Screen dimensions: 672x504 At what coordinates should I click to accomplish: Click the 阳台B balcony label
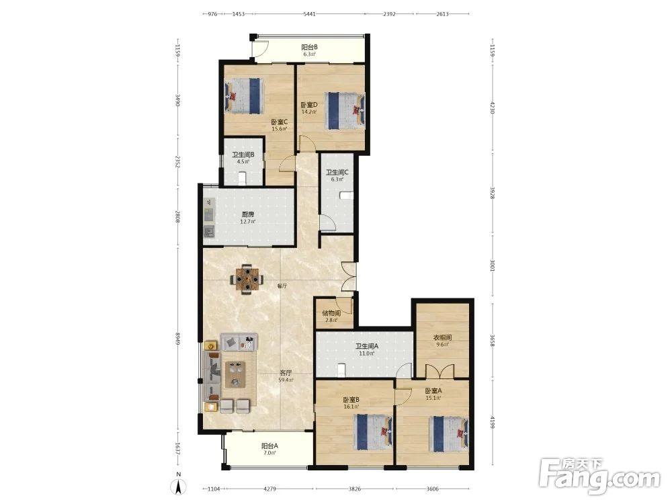309,50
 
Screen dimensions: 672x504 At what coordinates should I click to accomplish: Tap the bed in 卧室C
243,95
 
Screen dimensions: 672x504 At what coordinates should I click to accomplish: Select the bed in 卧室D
345,111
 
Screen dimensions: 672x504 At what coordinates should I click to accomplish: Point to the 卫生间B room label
243,158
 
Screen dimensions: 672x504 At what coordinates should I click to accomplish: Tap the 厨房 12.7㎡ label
248,218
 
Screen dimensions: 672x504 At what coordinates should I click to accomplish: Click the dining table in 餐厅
247,280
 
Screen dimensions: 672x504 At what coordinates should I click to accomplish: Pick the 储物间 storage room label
331,317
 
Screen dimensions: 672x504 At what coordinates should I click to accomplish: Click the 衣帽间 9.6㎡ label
443,341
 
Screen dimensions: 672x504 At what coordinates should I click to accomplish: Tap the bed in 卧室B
374,432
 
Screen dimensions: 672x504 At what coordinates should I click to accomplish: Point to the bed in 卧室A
449,433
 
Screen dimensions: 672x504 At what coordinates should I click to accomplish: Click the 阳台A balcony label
269,449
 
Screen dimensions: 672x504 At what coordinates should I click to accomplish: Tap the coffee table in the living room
235,374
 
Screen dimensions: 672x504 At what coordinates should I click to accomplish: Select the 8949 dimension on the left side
177,339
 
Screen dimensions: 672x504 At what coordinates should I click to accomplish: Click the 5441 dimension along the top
309,14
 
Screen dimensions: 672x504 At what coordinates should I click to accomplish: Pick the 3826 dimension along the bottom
354,489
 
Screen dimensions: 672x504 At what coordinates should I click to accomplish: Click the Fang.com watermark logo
599,475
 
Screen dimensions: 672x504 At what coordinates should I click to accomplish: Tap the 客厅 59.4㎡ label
286,376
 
